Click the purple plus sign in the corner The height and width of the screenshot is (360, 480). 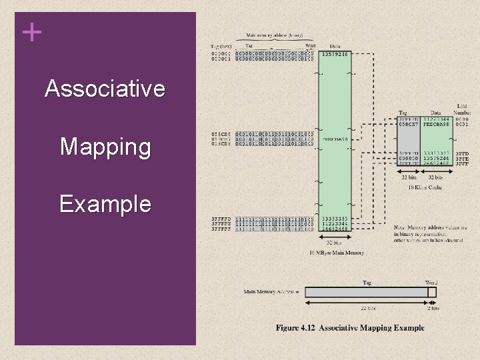pos(31,32)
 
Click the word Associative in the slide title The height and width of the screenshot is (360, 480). pos(105,89)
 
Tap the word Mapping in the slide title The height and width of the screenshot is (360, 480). pos(105,147)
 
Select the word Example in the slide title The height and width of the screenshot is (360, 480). pos(105,204)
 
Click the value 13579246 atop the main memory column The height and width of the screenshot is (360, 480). pos(335,54)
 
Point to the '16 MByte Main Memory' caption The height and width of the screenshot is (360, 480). pos(337,253)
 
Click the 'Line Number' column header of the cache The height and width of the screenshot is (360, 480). pos(462,109)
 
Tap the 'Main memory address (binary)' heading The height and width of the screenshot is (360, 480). pos(274,35)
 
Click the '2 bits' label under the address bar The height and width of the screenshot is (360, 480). pos(432,308)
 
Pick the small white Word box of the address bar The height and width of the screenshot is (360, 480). pos(432,292)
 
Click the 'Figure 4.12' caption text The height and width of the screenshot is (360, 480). pos(297,327)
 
